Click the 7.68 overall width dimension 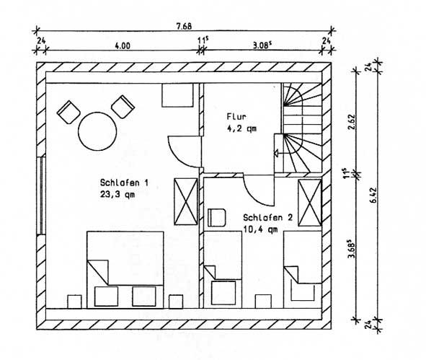[184, 26]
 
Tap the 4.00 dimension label [123, 45]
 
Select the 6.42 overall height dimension [373, 195]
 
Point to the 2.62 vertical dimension [351, 122]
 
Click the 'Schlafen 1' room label [124, 183]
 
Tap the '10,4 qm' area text [260, 229]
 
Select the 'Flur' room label [236, 117]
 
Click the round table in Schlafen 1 [97, 131]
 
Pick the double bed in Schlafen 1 [125, 270]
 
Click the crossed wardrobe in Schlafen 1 [186, 201]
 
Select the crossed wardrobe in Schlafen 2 [310, 203]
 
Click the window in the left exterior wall [41, 196]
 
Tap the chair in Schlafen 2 [216, 218]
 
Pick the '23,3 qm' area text [117, 194]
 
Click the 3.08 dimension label [262, 45]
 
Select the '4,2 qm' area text [241, 128]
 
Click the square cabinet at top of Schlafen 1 [177, 95]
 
